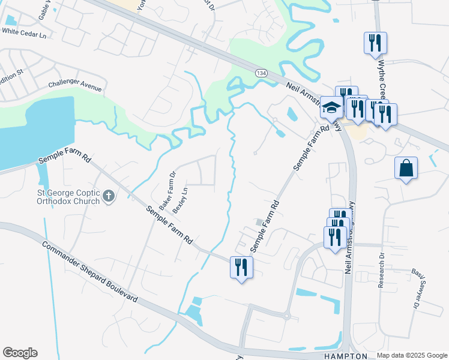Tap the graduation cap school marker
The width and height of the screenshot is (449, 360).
tap(331, 108)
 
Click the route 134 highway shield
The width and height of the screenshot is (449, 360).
tap(261, 73)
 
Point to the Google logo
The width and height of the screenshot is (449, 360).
tap(20, 353)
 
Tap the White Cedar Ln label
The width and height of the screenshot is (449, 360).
tap(24, 35)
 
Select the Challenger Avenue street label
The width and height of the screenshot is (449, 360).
tap(75, 85)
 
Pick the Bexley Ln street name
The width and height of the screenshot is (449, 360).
tap(180, 200)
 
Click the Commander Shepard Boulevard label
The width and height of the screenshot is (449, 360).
tap(90, 271)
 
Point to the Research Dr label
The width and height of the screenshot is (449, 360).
tap(381, 270)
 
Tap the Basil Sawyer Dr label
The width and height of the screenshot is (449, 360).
tap(415, 289)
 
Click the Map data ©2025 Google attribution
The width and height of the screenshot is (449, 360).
tap(412, 355)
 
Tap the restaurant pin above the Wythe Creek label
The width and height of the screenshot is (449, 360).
tap(375, 43)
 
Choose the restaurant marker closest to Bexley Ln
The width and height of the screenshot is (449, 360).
tap(241, 266)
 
